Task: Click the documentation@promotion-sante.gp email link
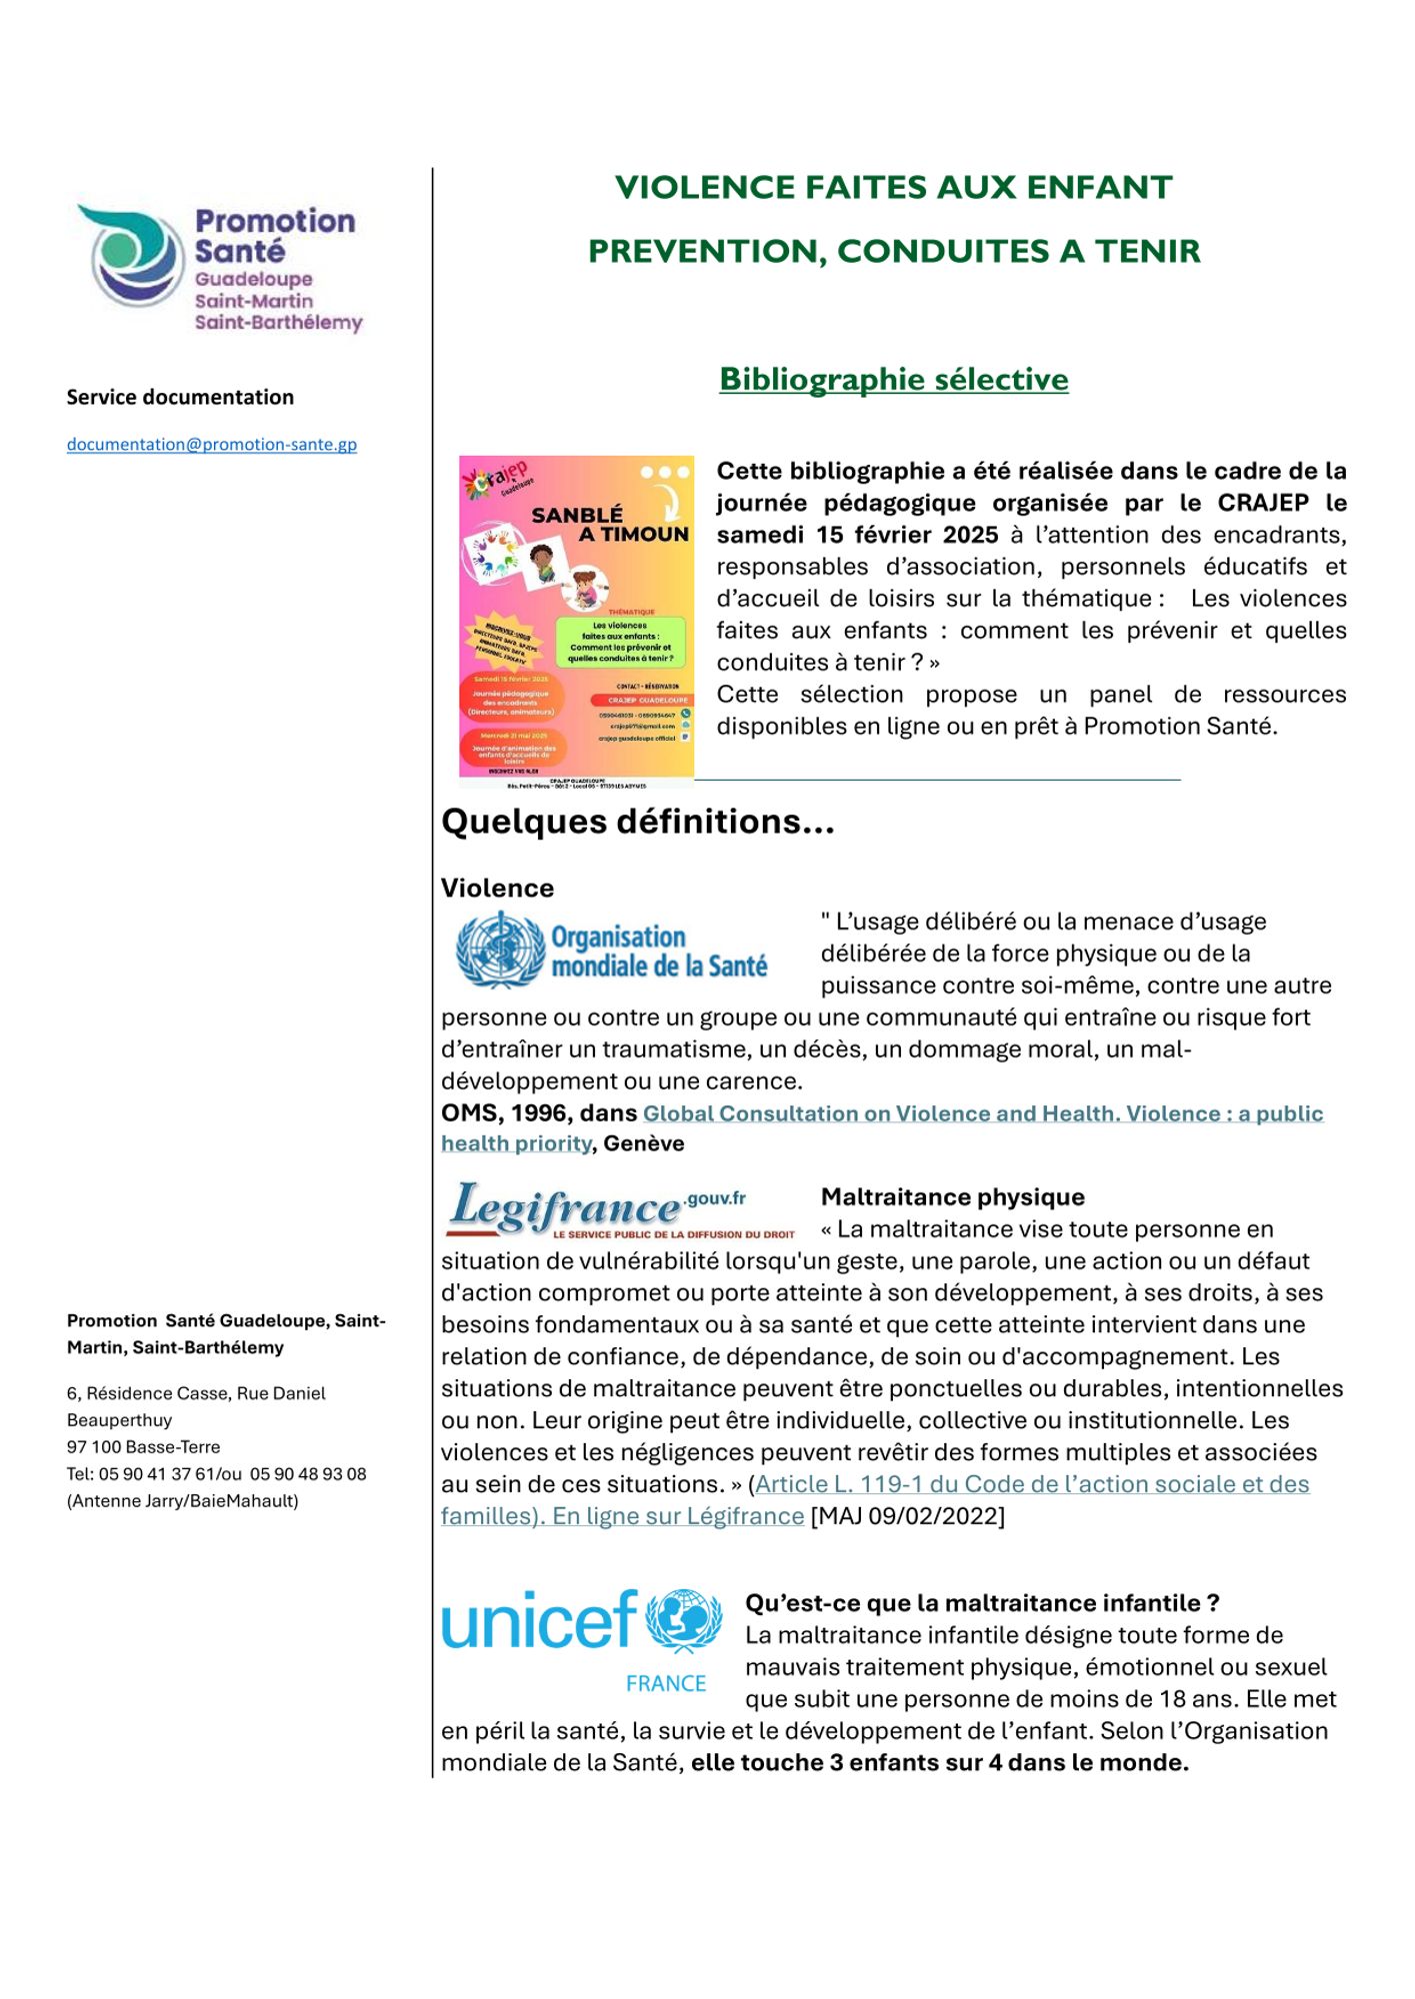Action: point(211,445)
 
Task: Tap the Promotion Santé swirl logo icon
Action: point(133,257)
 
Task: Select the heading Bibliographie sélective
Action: point(893,380)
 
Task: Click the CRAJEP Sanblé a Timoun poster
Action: point(576,620)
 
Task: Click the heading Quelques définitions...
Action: point(637,822)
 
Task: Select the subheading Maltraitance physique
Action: point(952,1197)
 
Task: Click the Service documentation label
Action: point(180,398)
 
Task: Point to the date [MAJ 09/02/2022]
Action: point(907,1517)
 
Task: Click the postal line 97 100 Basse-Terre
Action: point(143,1447)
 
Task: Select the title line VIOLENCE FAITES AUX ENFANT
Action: point(893,188)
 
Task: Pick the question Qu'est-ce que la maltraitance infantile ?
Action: point(982,1603)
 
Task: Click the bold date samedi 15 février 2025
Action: point(857,535)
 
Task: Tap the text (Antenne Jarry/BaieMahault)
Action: point(182,1501)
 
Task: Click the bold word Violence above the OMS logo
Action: point(497,889)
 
